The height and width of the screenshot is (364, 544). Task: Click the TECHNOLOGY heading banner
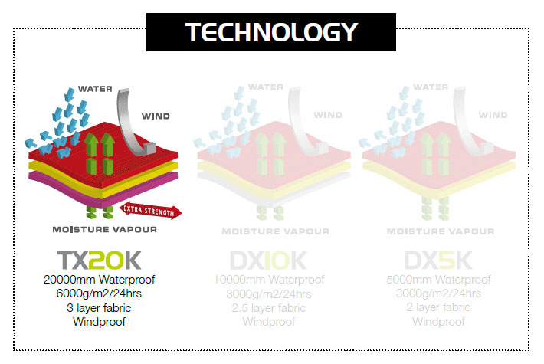point(271,31)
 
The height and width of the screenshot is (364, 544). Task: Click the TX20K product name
point(100,261)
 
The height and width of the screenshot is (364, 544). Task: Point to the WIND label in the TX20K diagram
point(156,116)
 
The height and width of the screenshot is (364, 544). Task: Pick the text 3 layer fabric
point(100,308)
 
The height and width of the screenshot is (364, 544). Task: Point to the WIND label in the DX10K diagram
point(328,116)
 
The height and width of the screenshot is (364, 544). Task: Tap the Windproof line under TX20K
point(100,322)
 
